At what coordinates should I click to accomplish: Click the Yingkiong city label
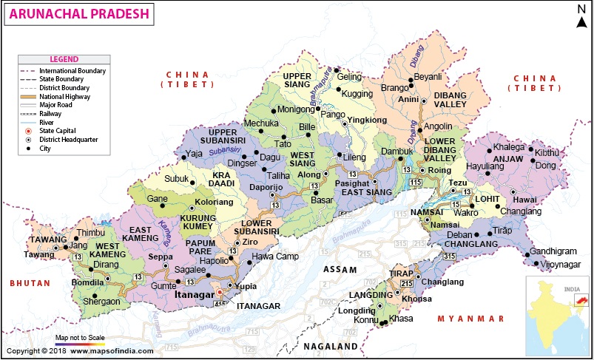pos(367,120)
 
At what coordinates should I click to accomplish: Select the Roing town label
pos(439,170)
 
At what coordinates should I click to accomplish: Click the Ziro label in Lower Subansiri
pos(250,242)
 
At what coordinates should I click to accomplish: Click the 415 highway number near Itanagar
pos(219,304)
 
